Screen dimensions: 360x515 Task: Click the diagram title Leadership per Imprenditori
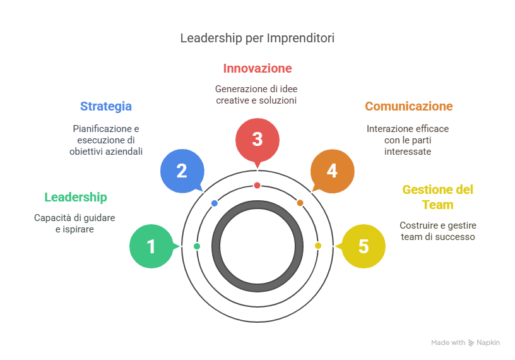(257, 38)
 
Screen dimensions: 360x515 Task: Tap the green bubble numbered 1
(151, 246)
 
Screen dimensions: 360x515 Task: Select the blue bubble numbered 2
(182, 171)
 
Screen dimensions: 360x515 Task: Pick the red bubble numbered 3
(257, 139)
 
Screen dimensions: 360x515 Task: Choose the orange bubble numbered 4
(332, 171)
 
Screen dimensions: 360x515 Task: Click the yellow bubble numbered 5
(363, 246)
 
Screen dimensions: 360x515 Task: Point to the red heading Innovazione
(257, 68)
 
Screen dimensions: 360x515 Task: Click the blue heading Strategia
(105, 106)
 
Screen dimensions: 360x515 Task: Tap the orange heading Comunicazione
(408, 106)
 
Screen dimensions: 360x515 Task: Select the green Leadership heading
(75, 197)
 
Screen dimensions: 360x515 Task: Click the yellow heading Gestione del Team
(437, 197)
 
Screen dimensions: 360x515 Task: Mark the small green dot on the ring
(197, 246)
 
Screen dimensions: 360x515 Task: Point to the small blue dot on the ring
(215, 203)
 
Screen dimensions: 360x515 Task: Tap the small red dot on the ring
(257, 185)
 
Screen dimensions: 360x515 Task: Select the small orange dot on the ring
(300, 203)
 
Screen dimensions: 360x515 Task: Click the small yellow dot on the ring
(317, 246)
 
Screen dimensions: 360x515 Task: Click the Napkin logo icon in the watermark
(471, 342)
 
